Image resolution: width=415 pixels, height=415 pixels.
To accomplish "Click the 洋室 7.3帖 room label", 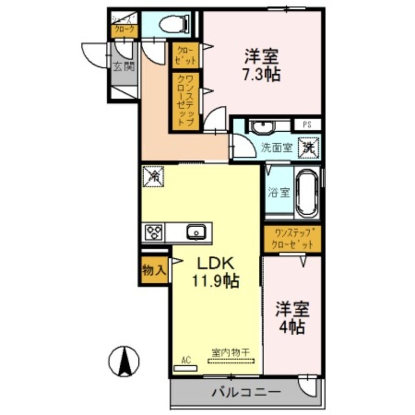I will click(262, 65).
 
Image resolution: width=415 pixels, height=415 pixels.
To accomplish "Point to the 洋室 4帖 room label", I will click(292, 317).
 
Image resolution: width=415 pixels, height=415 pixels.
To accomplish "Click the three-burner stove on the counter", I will click(154, 232).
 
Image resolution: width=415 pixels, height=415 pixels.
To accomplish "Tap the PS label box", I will click(307, 125).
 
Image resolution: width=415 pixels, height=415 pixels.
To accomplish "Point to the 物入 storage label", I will click(154, 270).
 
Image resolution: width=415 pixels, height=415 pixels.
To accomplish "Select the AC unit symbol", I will click(185, 366).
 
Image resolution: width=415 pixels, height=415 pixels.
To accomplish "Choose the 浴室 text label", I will click(279, 192).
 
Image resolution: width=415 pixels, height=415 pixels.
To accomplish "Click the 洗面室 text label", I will click(275, 147).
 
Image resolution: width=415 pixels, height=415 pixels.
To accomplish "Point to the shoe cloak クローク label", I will click(124, 30).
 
